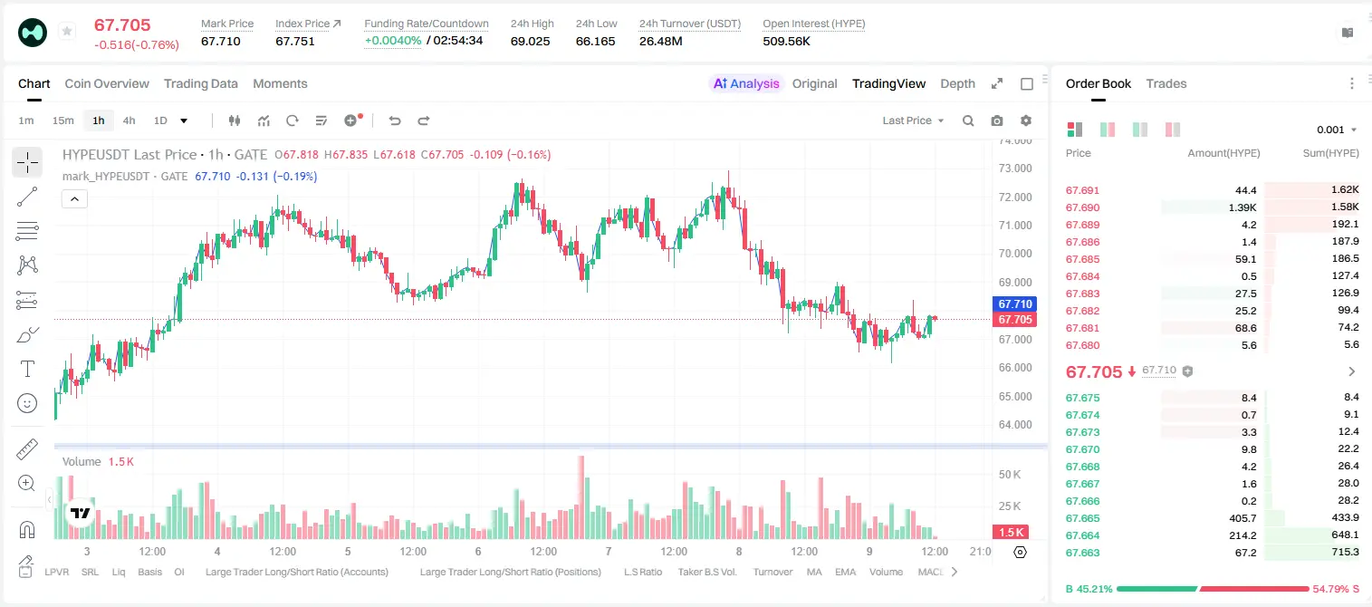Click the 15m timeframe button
tap(62, 120)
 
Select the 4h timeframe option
tap(129, 120)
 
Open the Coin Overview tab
tap(107, 84)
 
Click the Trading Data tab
tap(200, 84)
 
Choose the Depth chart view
tap(957, 84)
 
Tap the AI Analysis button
tap(746, 84)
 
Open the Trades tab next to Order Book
tap(1166, 84)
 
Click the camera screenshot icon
tap(997, 120)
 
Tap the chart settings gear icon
tap(1026, 120)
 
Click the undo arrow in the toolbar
tap(395, 120)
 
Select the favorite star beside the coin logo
tap(67, 31)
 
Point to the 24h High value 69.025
tap(530, 41)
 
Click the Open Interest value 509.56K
tap(786, 41)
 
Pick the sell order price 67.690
tap(1082, 207)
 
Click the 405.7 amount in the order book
tap(1242, 518)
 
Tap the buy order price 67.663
tap(1082, 553)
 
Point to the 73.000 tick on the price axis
tap(1015, 169)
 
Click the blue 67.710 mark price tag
tap(1015, 303)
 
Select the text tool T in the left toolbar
tap(27, 369)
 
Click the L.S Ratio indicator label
tap(642, 572)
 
